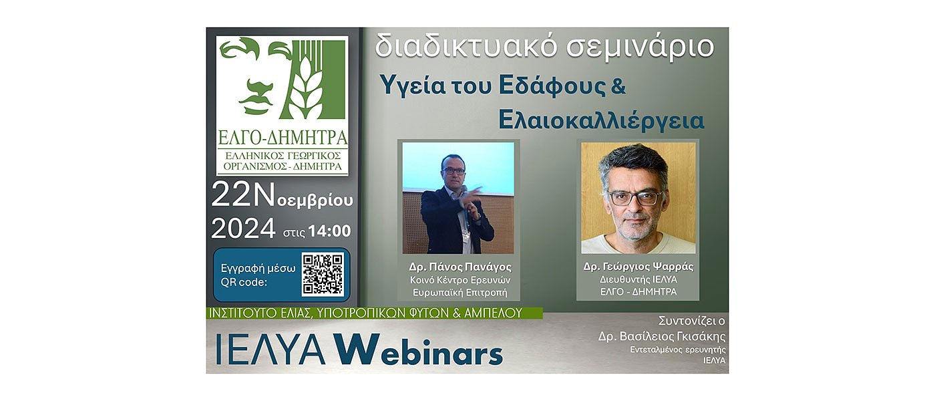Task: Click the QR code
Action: [323, 274]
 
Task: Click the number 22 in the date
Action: [230, 195]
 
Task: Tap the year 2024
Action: [243, 229]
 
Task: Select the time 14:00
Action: [329, 231]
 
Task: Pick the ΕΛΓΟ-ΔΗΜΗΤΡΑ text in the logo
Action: [283, 138]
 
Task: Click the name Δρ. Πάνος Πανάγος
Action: [459, 267]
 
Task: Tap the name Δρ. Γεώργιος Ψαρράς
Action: [638, 267]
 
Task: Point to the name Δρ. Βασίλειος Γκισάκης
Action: [662, 336]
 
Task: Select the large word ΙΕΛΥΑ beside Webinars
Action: [270, 350]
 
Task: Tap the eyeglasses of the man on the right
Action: [635, 198]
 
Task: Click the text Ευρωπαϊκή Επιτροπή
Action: [459, 292]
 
